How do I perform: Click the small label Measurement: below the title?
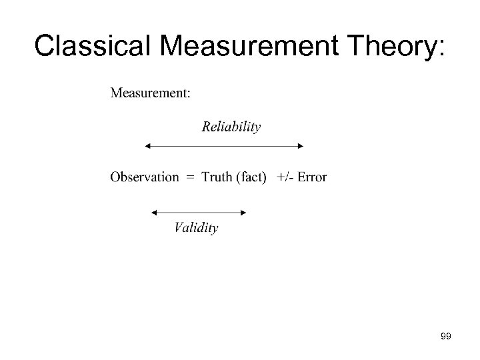point(149,93)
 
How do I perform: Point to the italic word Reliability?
point(231,127)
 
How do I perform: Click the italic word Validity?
point(196,228)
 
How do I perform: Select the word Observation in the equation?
point(145,177)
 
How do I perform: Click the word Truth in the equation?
point(217,177)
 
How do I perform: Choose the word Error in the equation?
point(312,177)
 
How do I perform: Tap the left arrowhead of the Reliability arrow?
point(147,145)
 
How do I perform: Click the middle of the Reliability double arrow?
point(224,145)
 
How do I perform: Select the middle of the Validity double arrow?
point(199,213)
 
